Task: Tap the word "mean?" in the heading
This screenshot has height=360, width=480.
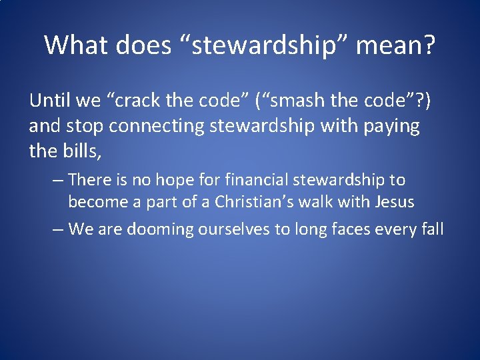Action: (396, 45)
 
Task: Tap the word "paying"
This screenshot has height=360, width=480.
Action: (392, 127)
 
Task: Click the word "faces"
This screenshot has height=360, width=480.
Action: (348, 229)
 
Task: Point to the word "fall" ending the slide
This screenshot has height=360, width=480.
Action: (431, 229)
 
